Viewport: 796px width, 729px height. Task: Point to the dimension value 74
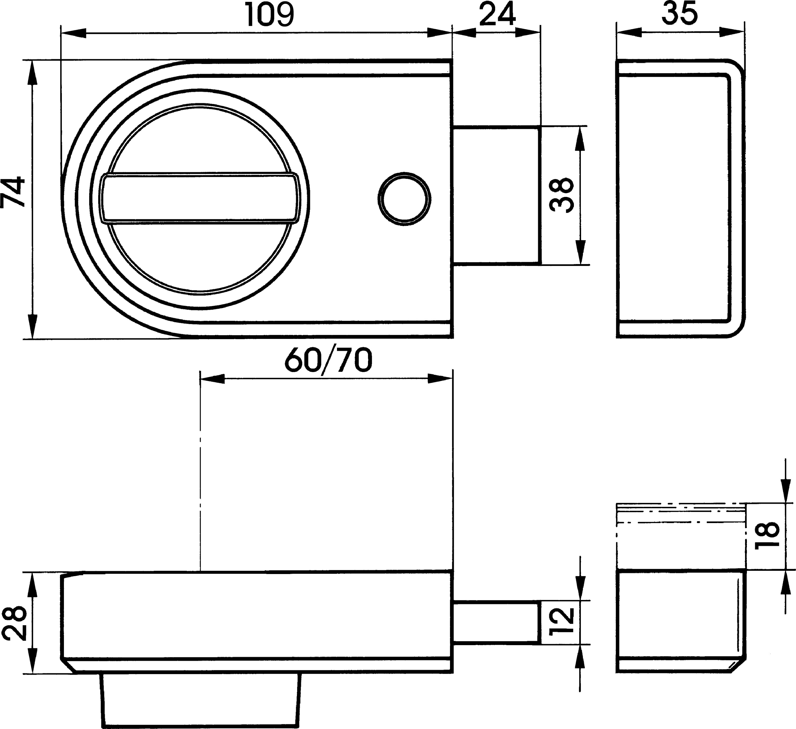click(x=13, y=193)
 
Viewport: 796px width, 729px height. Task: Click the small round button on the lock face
click(x=404, y=199)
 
